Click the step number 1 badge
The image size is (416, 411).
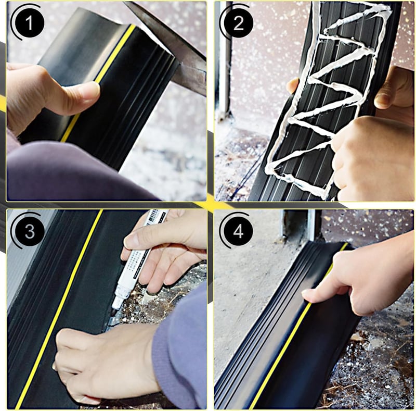tap(30, 23)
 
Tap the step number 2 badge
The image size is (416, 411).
tap(238, 23)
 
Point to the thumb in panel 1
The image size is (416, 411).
tap(80, 96)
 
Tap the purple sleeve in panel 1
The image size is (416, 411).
tap(74, 173)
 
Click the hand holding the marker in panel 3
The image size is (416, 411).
tap(164, 250)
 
